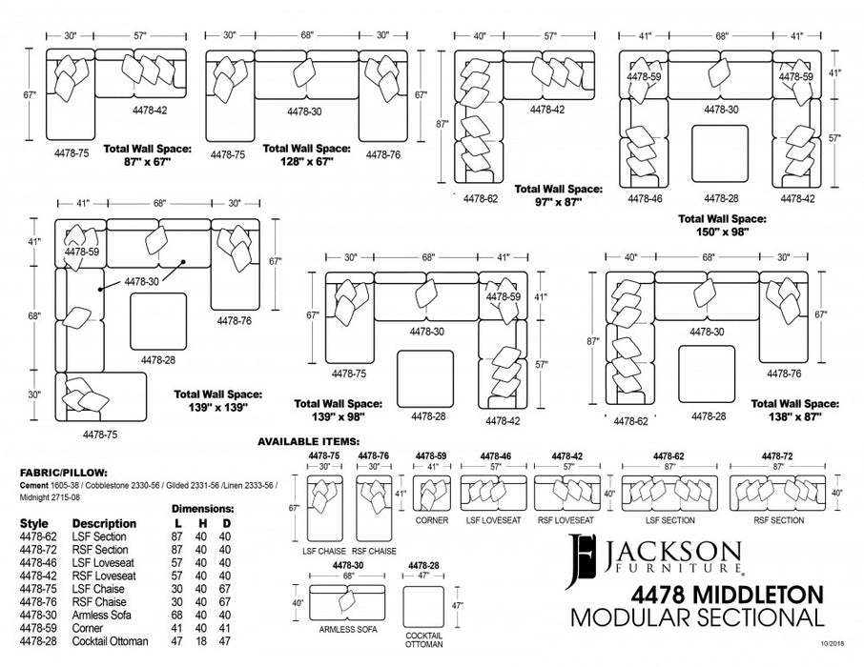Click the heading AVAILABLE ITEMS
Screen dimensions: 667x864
[x=308, y=442]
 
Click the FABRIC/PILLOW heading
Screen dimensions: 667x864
[x=63, y=472]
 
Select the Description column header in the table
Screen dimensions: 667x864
[x=104, y=523]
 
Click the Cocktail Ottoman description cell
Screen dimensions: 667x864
[x=111, y=641]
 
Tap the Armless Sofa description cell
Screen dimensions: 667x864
[x=102, y=616]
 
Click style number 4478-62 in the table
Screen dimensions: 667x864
[x=38, y=536]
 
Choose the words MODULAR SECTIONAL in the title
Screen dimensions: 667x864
[x=696, y=617]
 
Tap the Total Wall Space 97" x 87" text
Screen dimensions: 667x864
[x=557, y=195]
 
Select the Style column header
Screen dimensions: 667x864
[x=33, y=523]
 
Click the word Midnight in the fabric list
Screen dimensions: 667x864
[x=39, y=496]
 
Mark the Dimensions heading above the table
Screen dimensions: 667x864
[x=203, y=509]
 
